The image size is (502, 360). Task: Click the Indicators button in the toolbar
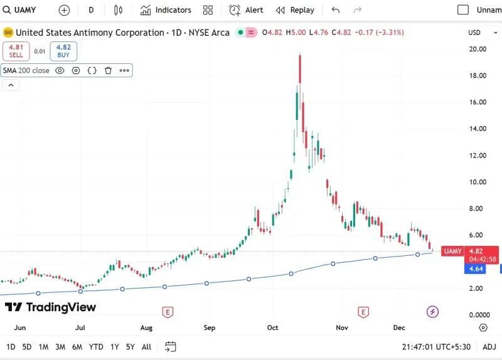(x=166, y=10)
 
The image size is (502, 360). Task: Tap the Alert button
(x=246, y=10)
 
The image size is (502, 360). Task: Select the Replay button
(x=295, y=10)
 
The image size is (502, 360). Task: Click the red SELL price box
(x=16, y=51)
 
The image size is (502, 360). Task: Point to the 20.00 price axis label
(x=478, y=49)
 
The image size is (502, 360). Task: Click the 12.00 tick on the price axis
(x=478, y=156)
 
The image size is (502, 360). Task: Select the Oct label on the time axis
(x=272, y=327)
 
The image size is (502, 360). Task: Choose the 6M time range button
(x=77, y=347)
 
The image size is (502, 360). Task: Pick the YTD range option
(x=96, y=347)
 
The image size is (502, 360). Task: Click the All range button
(x=146, y=347)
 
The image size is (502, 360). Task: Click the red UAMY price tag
(x=452, y=251)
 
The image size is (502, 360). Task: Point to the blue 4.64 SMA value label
(x=473, y=268)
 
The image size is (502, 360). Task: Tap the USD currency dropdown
(x=479, y=33)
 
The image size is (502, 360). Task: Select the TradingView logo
(x=51, y=307)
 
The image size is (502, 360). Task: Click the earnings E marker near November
(x=363, y=312)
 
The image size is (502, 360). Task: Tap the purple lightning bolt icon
(x=432, y=312)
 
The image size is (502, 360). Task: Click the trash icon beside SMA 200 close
(x=108, y=71)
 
